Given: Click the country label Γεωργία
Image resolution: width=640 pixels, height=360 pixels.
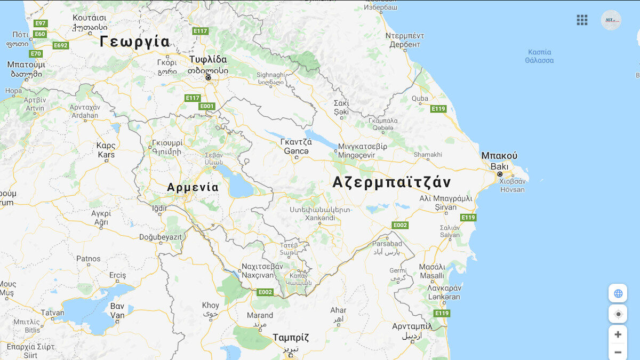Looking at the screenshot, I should (135, 42).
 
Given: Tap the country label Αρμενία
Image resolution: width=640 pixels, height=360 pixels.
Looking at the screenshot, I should (193, 188).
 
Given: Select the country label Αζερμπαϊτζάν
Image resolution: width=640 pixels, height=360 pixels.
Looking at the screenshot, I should (391, 182).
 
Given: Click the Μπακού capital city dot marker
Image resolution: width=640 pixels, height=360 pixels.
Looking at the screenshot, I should (500, 174).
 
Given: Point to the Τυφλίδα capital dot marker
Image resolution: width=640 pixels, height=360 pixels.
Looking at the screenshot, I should (208, 78).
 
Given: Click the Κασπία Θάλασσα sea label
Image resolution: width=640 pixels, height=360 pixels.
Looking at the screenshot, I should (539, 56).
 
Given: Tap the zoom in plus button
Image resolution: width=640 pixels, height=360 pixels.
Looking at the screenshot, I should (618, 334).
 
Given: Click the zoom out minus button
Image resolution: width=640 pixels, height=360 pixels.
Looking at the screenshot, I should (618, 352).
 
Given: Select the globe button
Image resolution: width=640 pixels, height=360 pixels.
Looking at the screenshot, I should (618, 293).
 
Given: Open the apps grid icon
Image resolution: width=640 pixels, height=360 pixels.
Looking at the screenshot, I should (582, 20).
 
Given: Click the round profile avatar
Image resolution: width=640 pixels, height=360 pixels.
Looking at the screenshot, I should (611, 20).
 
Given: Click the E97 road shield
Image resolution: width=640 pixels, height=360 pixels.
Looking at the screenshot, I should (41, 23).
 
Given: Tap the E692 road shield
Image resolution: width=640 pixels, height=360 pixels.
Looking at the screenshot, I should (61, 45).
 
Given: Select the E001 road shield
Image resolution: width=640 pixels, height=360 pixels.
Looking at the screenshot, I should (207, 106).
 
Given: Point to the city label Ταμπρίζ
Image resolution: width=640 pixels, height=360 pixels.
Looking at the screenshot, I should (291, 338).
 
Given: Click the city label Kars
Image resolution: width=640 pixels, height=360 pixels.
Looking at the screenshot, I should (106, 155).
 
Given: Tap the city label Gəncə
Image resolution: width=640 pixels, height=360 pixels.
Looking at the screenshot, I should (296, 151).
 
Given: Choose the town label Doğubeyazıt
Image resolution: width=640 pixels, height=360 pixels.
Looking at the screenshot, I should (161, 237).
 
